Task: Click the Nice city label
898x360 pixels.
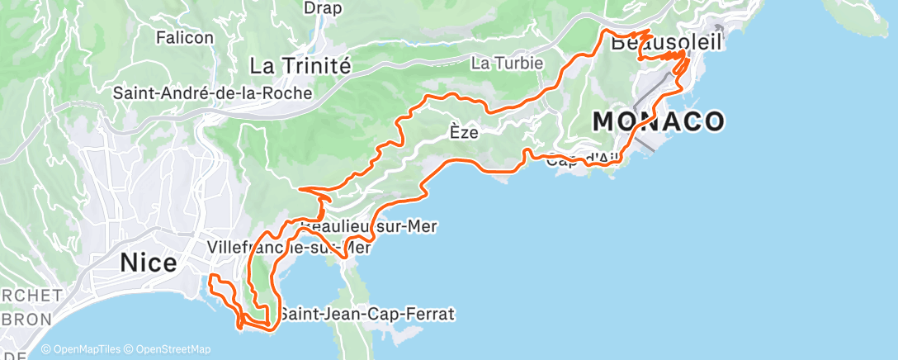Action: point(149,263)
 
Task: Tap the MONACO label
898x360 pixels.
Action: point(659,122)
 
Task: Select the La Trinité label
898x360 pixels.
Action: point(300,64)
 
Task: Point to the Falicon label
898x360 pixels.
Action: point(184,37)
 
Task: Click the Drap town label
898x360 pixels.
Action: point(323,7)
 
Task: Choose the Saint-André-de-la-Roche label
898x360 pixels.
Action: point(213,93)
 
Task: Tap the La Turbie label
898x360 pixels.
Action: point(507,63)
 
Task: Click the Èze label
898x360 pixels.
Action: point(466,130)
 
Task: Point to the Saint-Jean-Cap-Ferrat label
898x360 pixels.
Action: point(366,315)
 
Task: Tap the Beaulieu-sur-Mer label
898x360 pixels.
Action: point(369,225)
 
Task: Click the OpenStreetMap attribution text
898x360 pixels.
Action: point(182,350)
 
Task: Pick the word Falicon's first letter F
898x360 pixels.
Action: point(160,37)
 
